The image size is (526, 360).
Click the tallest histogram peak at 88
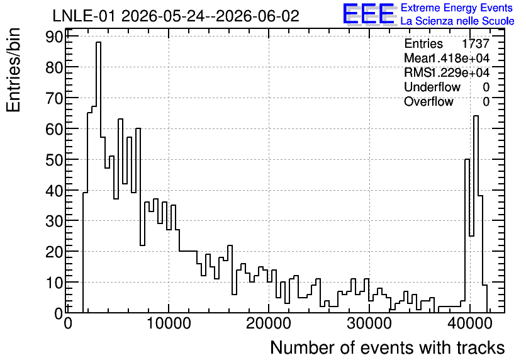pos(98,42)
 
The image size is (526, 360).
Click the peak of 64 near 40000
pos(476,116)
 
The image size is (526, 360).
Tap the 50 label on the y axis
pos(53,160)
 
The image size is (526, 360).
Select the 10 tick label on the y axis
pos(53,283)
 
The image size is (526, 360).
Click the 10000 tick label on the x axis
pos(169,323)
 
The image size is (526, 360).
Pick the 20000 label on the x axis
pos(269,323)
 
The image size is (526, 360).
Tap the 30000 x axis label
pos(369,323)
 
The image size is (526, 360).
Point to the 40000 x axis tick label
pos(469,323)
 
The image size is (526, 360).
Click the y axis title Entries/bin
pos(14,70)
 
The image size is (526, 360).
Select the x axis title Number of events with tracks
pos(388,347)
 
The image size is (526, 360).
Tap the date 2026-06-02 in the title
pos(257,16)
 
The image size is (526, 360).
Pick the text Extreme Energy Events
pos(457,8)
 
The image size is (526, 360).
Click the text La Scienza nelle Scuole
pos(457,21)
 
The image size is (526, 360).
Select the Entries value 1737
pos(475,43)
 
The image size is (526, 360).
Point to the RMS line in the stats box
pos(447,72)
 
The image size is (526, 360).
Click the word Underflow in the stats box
pos(432,87)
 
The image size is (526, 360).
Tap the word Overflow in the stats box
pos(428,101)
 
